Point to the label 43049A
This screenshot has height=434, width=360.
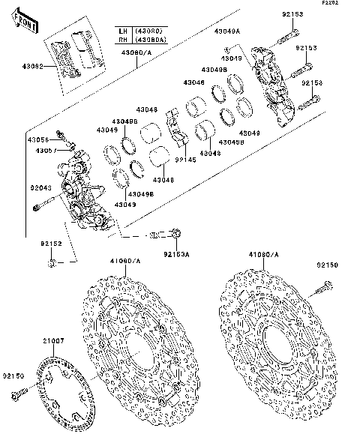point(226,31)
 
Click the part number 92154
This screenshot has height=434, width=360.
point(311,83)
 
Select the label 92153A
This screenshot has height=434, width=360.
point(178,255)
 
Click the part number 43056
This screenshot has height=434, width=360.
point(38,139)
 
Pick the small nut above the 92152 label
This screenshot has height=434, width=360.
point(51,263)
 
